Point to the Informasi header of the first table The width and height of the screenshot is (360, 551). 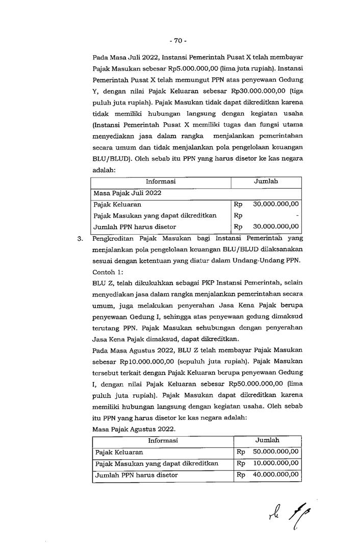(161, 182)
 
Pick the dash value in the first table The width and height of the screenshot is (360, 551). (297, 215)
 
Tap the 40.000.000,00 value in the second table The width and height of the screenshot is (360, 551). (276, 475)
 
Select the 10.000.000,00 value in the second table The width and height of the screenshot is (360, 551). (276, 464)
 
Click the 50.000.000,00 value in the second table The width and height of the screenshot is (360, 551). (276, 452)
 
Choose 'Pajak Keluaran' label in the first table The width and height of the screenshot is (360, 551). (114, 204)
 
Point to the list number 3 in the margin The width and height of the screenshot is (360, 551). (80, 238)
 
